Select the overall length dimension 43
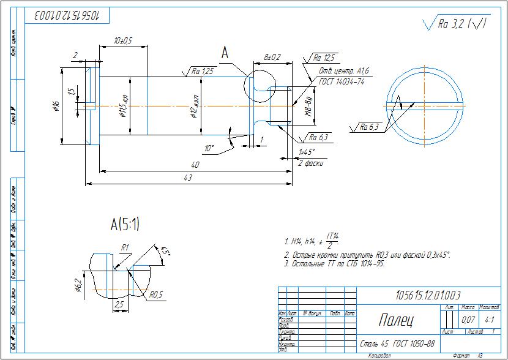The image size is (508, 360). coord(188,178)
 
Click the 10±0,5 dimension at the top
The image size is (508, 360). coord(123,40)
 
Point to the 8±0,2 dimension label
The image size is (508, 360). coord(272,57)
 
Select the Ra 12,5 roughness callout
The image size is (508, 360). coord(324,58)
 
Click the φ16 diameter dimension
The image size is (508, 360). coord(56,107)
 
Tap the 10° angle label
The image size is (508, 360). coord(209,148)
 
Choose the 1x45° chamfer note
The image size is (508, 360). coord(307,152)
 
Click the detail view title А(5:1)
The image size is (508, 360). coord(124,225)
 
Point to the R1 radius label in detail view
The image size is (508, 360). coord(124,248)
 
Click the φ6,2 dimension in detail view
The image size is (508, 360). coord(78,285)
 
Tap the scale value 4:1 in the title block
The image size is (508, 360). coord(490,320)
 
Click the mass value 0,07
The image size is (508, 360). coord(468,320)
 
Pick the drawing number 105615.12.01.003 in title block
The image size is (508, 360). coord(428,295)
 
